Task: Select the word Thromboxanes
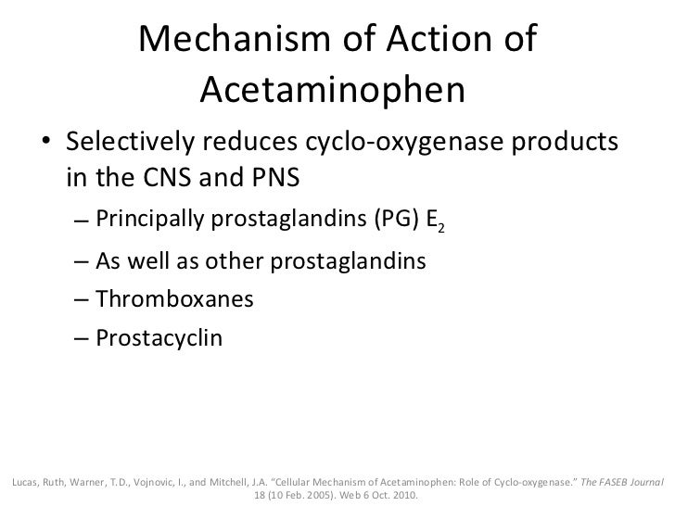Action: (x=173, y=300)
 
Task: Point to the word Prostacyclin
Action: (x=159, y=338)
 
